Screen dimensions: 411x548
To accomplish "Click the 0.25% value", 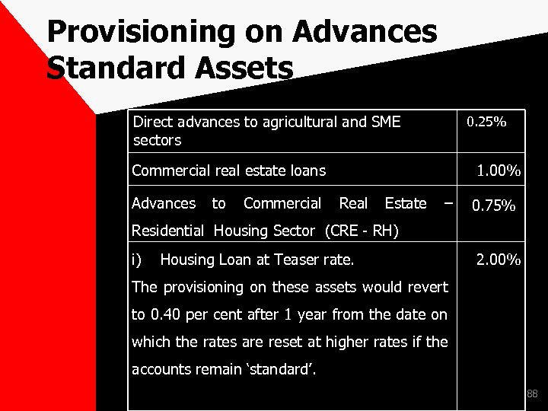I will tap(486, 123).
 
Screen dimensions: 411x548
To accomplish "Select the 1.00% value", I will tap(499, 171).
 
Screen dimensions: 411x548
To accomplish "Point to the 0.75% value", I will tap(494, 206).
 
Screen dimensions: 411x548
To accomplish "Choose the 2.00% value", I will tap(499, 261).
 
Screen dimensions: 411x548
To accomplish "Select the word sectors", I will tap(157, 141).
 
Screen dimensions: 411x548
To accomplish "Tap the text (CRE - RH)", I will tap(363, 231).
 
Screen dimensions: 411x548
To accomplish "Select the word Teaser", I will tap(291, 261).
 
